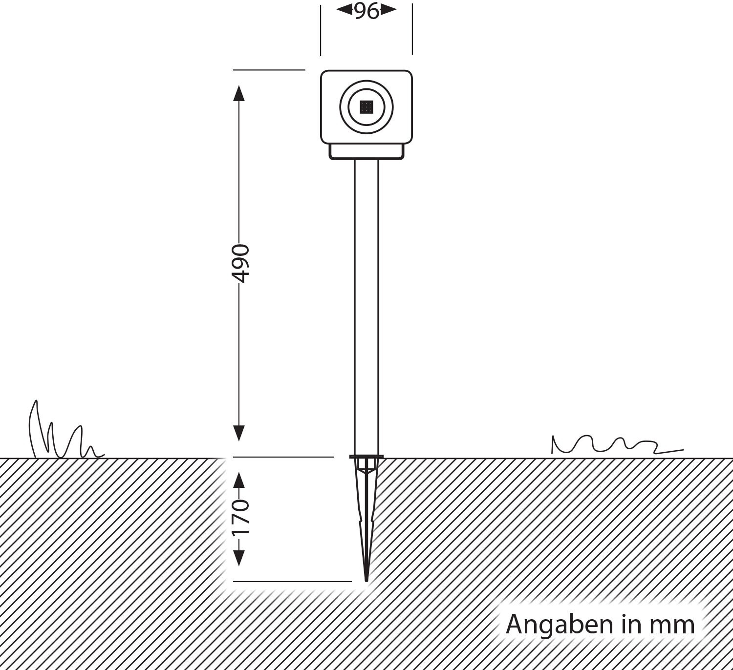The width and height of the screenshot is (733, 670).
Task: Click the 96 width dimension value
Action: (x=366, y=11)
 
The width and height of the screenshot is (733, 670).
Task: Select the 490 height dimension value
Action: (x=239, y=264)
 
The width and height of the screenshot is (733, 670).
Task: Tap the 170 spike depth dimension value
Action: (x=239, y=517)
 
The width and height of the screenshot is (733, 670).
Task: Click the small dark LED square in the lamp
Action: (x=366, y=107)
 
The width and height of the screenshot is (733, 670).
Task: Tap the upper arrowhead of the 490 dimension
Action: (x=239, y=93)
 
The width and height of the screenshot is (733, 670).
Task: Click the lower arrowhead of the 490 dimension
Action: (x=239, y=433)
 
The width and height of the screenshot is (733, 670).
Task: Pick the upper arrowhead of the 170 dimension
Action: (x=239, y=481)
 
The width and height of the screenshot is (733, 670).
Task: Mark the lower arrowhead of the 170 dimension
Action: (x=239, y=558)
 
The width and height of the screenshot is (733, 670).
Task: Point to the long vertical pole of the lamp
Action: (x=366, y=303)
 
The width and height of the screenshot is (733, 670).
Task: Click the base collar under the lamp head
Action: (x=366, y=151)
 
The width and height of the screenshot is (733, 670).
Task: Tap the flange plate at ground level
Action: (x=366, y=457)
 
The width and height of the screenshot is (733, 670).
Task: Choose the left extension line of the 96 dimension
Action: (x=321, y=29)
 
